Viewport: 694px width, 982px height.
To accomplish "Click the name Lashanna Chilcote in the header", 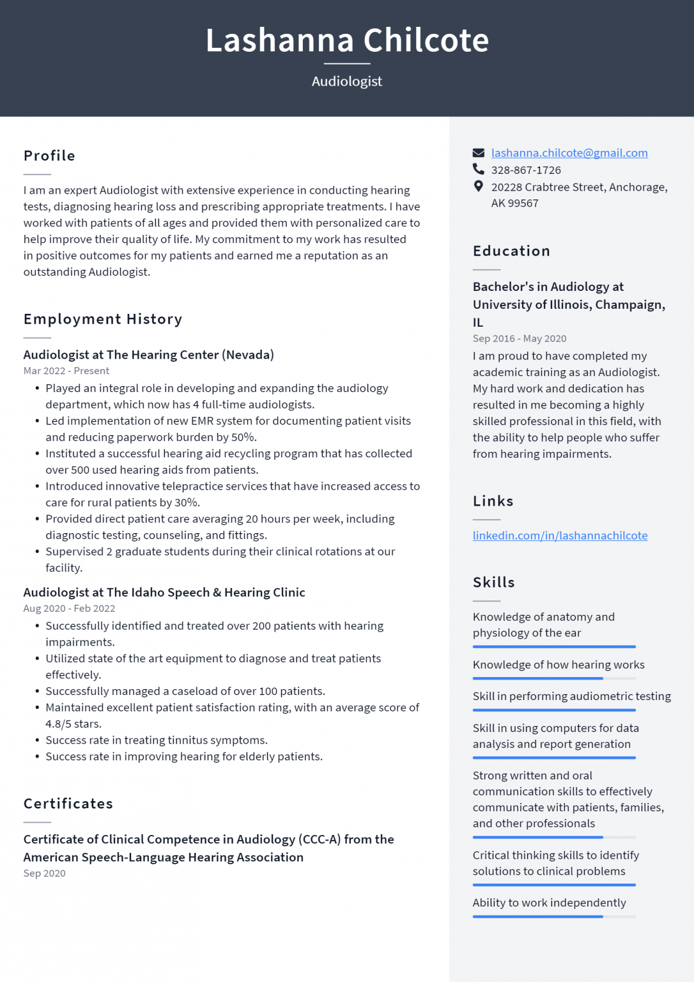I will [x=347, y=40].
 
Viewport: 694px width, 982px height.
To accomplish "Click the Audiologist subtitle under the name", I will [x=347, y=81].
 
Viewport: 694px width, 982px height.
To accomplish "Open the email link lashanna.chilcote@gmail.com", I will [x=569, y=153].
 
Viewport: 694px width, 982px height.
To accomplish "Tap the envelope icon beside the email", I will [x=478, y=153].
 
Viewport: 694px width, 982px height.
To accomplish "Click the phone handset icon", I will [x=478, y=169].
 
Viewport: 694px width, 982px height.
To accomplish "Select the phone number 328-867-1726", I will [x=525, y=170].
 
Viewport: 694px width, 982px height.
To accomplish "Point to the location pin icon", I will [x=478, y=186].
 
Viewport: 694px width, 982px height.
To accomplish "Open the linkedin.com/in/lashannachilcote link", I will [x=560, y=535].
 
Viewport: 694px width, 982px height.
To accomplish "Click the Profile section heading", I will [x=49, y=156].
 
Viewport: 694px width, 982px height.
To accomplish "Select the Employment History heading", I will [x=103, y=319].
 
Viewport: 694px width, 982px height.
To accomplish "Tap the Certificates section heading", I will [x=68, y=804].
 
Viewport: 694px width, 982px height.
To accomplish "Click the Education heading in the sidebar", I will [x=511, y=251].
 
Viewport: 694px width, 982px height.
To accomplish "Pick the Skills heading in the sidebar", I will [x=493, y=582].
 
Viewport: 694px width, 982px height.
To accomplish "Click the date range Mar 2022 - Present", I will [x=66, y=371].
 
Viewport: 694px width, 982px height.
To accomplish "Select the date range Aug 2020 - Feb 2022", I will [x=69, y=609].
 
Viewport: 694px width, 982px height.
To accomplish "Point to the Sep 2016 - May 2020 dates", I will [x=519, y=339].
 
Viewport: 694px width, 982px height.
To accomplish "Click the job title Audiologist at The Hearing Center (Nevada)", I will [x=148, y=355].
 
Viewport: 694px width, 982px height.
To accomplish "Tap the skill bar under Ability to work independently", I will [x=553, y=917].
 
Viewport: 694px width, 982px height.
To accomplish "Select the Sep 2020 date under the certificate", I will [x=44, y=873].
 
